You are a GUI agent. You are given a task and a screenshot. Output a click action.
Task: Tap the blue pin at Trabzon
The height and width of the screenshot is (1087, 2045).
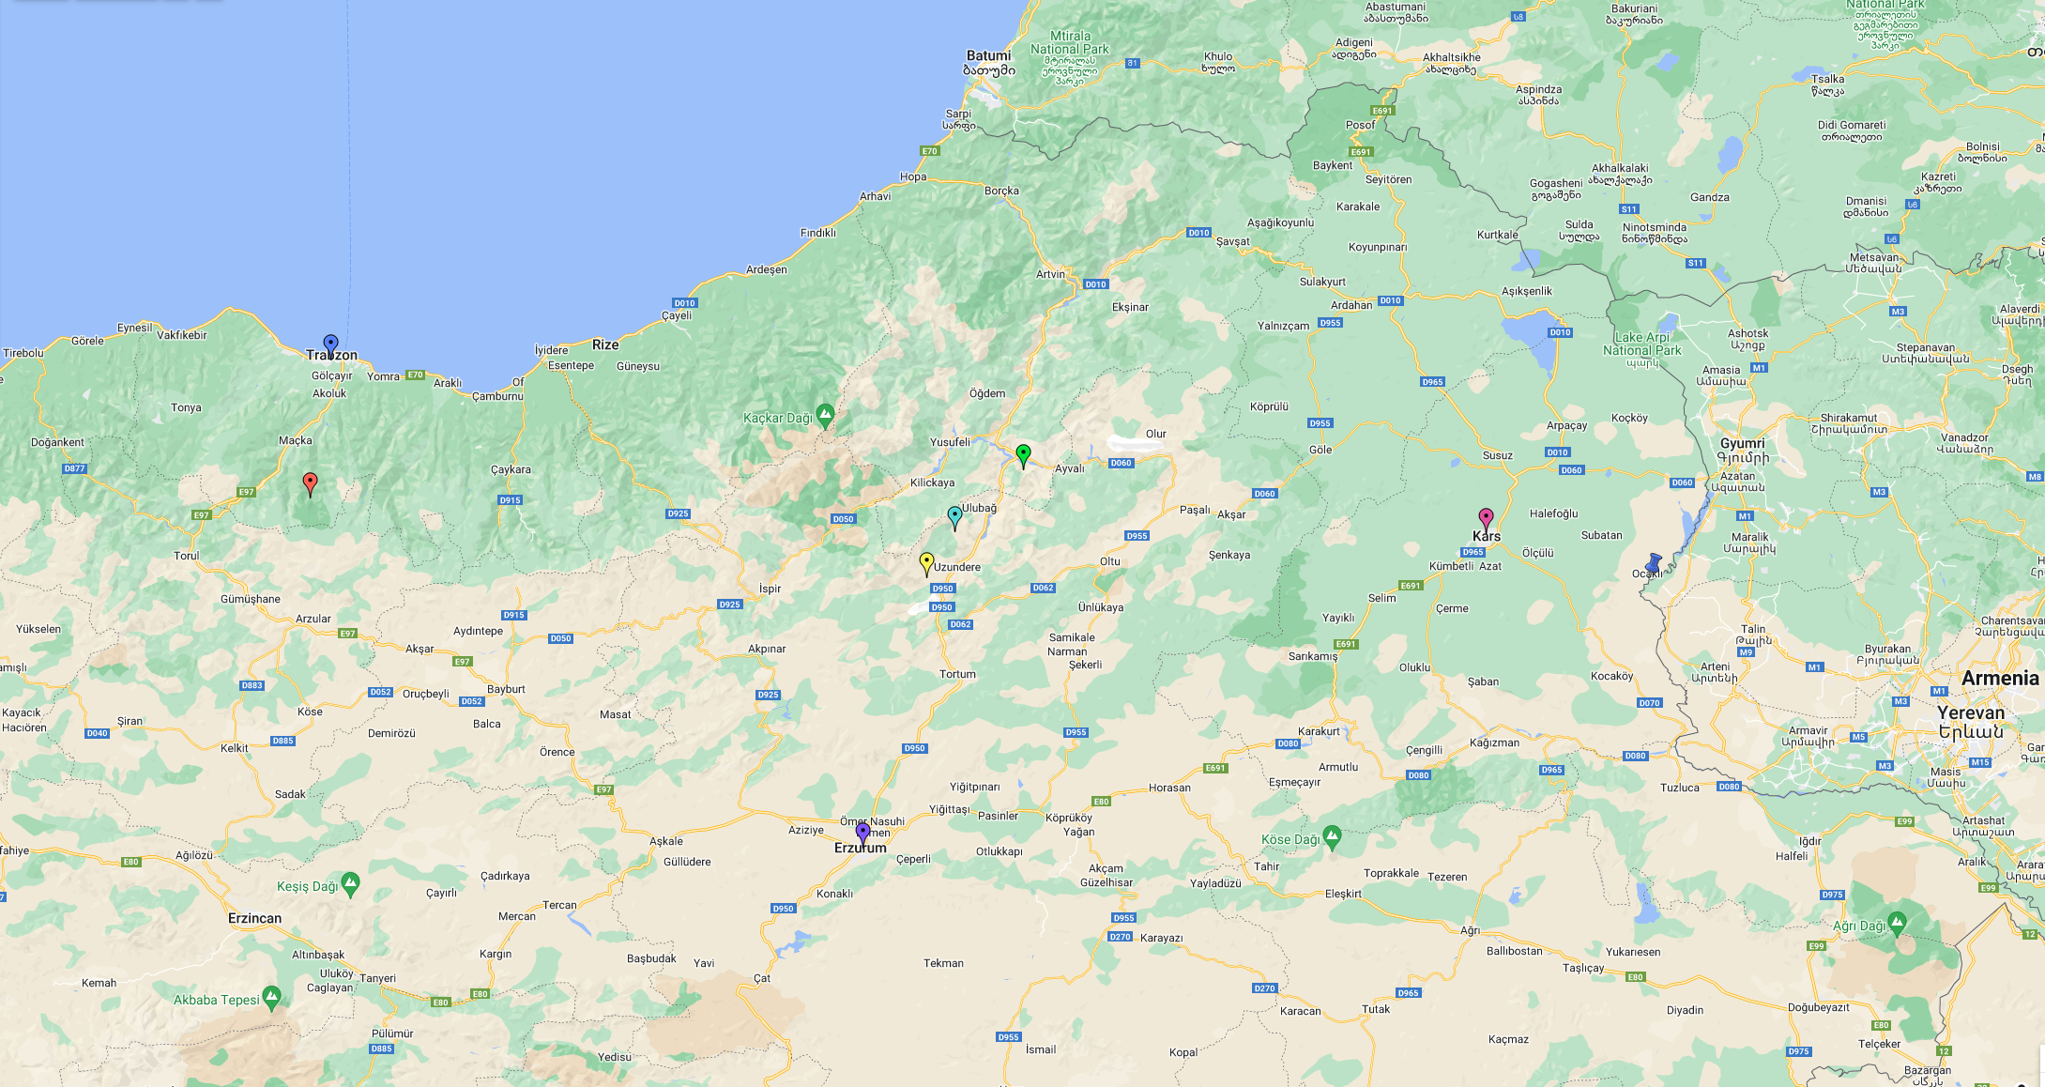pyautogui.click(x=330, y=344)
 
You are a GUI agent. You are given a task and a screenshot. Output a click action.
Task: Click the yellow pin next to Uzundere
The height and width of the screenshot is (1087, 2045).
pyautogui.click(x=926, y=562)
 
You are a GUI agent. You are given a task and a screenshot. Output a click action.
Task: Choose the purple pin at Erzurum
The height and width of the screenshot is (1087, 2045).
pyautogui.click(x=862, y=832)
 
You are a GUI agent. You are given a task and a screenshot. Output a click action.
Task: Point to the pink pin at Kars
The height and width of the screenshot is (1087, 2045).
pyautogui.click(x=1486, y=518)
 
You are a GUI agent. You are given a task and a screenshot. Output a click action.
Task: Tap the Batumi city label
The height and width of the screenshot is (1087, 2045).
pyautogui.click(x=988, y=55)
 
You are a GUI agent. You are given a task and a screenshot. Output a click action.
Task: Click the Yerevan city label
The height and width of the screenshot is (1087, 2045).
pyautogui.click(x=1971, y=712)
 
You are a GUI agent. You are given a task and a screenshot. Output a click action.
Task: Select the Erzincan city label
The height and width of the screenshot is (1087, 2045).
pyautogui.click(x=254, y=918)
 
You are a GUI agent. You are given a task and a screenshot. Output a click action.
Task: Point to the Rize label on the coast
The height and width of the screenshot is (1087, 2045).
pyautogui.click(x=605, y=344)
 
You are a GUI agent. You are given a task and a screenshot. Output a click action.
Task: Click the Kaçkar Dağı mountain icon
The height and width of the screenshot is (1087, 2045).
pyautogui.click(x=825, y=413)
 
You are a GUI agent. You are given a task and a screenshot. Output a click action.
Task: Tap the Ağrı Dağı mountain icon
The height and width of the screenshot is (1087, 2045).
pyautogui.click(x=1897, y=921)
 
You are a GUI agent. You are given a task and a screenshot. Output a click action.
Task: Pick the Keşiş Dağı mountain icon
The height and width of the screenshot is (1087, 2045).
pyautogui.click(x=350, y=882)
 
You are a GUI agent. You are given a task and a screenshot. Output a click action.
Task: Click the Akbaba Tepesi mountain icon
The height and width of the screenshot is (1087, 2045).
pyautogui.click(x=272, y=995)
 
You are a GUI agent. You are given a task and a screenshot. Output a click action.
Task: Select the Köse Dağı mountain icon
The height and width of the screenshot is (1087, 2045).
pyautogui.click(x=1332, y=834)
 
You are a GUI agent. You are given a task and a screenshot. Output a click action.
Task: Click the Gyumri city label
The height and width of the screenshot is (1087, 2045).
pyautogui.click(x=1742, y=443)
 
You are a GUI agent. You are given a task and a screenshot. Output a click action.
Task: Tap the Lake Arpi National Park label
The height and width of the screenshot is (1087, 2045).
pyautogui.click(x=1641, y=344)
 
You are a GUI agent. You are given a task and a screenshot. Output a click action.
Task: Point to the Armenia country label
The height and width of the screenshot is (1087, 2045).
pyautogui.click(x=2000, y=678)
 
